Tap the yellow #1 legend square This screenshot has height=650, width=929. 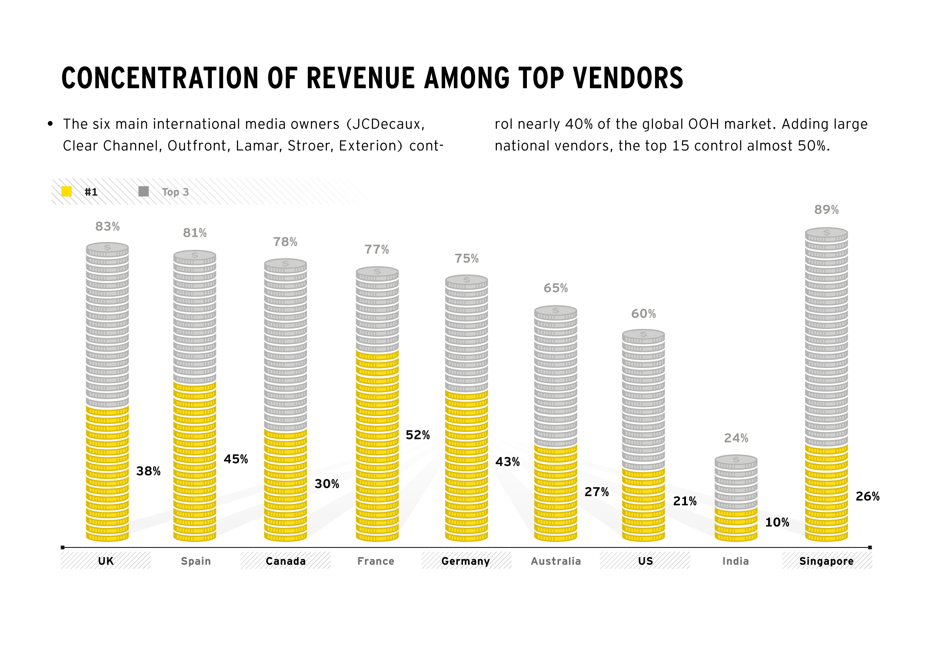tap(67, 192)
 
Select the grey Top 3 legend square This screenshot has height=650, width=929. tap(143, 192)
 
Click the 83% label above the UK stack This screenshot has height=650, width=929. tap(107, 226)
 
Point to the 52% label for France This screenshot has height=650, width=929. tap(417, 435)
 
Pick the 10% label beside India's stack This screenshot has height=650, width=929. tap(777, 522)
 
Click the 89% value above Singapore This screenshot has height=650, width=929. tap(826, 210)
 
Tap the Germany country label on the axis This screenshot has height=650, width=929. tap(466, 561)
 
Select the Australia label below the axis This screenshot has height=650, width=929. tap(556, 561)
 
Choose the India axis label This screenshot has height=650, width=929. tap(736, 561)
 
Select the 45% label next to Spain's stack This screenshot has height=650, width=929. tap(236, 459)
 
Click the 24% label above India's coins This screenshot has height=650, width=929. tap(736, 438)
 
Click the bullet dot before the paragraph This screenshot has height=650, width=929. tap(50, 124)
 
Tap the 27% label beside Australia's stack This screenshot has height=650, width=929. tap(596, 492)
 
